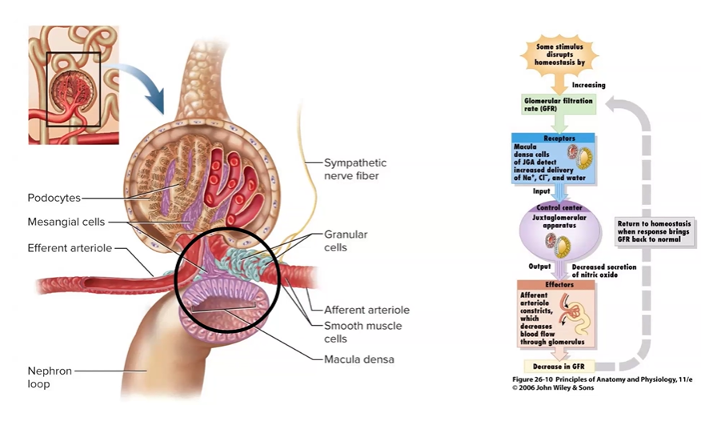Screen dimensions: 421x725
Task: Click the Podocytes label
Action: [x=54, y=198]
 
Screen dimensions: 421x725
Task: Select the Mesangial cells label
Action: [x=66, y=223]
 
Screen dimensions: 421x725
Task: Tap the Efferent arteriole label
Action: [x=70, y=249]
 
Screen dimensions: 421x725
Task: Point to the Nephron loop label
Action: [x=50, y=377]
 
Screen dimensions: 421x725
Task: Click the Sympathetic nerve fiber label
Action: [x=350, y=169]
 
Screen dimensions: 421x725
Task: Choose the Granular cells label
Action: [x=346, y=241]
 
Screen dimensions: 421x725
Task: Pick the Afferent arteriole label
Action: [x=367, y=310]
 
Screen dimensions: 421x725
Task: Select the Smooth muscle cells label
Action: [x=362, y=332]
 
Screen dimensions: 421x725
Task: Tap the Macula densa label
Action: [x=358, y=359]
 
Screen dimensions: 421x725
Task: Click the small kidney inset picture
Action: [x=74, y=84]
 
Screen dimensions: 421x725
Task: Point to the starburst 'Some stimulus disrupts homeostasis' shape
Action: [x=559, y=54]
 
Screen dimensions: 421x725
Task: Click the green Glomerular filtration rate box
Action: [x=558, y=105]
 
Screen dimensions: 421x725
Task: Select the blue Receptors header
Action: [x=559, y=138]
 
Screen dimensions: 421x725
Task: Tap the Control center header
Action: [x=559, y=208]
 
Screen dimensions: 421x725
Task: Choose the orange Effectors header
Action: [x=559, y=284]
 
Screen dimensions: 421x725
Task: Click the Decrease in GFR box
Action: [x=559, y=366]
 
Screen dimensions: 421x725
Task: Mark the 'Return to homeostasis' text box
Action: [x=655, y=231]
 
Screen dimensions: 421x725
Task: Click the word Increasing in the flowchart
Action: [x=589, y=85]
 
